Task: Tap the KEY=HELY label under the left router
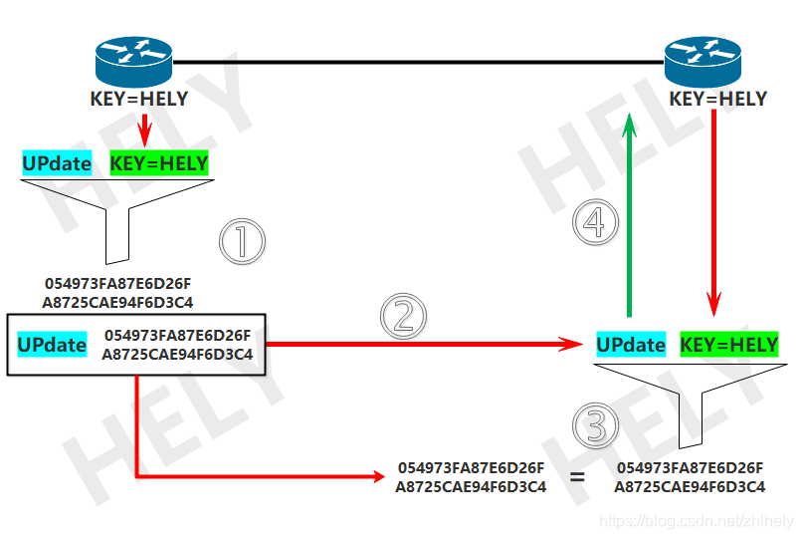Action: tap(139, 99)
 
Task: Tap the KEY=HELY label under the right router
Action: tap(718, 99)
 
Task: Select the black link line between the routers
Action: tap(418, 62)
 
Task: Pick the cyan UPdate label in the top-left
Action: tap(58, 163)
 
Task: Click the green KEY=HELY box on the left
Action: tap(159, 163)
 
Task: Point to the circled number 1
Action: tap(243, 241)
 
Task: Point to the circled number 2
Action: tap(403, 316)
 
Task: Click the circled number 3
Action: tap(595, 427)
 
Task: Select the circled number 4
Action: tap(594, 223)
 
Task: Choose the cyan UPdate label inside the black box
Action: tap(52, 345)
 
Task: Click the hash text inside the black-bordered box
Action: tap(177, 345)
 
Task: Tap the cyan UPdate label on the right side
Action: tap(631, 345)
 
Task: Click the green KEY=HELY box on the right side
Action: tap(728, 345)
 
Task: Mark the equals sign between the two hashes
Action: tap(577, 477)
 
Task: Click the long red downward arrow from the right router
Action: tap(713, 209)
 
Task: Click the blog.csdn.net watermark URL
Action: tap(698, 521)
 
